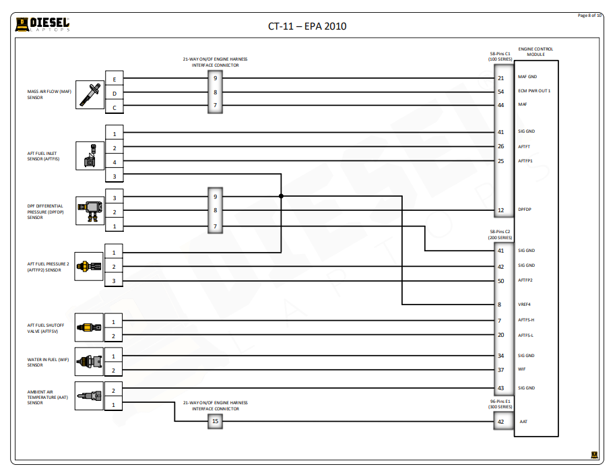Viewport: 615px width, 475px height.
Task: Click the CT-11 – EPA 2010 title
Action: tap(307, 27)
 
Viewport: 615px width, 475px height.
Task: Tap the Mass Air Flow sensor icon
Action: tap(89, 94)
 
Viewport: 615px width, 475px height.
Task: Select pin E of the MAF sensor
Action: tap(114, 80)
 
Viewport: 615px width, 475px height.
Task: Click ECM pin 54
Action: tap(500, 92)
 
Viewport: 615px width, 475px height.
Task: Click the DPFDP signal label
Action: tap(525, 210)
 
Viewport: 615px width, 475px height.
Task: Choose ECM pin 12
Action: tap(500, 210)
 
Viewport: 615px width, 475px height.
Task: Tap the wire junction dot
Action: tap(281, 197)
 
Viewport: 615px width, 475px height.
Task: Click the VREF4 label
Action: tap(525, 305)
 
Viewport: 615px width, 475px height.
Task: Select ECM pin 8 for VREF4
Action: tap(500, 305)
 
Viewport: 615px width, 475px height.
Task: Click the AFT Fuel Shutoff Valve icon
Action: tap(89, 327)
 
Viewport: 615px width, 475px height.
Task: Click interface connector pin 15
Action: tap(215, 422)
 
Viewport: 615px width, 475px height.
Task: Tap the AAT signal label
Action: tap(523, 422)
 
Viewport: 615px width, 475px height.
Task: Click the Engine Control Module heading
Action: tap(536, 52)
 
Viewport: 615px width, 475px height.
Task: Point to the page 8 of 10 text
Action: tap(590, 15)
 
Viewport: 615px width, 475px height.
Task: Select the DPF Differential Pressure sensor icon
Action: tap(89, 211)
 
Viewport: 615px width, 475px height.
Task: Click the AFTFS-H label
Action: tap(526, 320)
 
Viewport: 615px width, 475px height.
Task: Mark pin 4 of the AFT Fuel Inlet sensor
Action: tap(114, 162)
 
